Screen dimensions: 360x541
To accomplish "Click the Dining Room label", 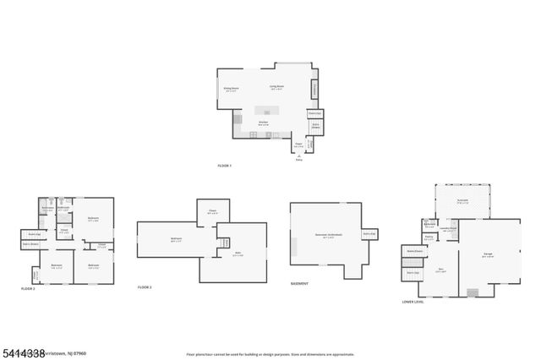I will (x=231, y=89).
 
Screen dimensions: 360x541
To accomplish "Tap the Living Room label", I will (x=276, y=87).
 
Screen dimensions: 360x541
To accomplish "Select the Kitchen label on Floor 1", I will (x=264, y=123).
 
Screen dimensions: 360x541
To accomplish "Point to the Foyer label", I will (x=298, y=144).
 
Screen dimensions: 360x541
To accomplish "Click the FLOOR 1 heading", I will (x=224, y=166).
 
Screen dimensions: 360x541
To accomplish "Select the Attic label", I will (x=238, y=255).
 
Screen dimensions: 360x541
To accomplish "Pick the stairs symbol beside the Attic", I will (x=224, y=243).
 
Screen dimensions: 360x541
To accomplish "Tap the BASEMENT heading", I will (x=299, y=284).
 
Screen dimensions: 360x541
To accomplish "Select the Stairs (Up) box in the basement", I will (x=369, y=234).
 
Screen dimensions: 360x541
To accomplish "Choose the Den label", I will (x=440, y=270).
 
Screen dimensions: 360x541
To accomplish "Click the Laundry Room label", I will (x=447, y=229).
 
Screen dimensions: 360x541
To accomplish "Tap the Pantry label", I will (x=429, y=239).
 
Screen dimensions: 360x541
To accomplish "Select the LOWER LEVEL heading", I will (x=414, y=302).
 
